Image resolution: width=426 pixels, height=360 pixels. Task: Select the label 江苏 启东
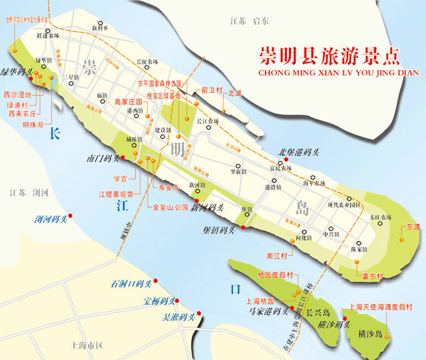[249, 21]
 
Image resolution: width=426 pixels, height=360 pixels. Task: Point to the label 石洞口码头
[132, 284]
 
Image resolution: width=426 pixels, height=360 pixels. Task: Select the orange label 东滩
[413, 226]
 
